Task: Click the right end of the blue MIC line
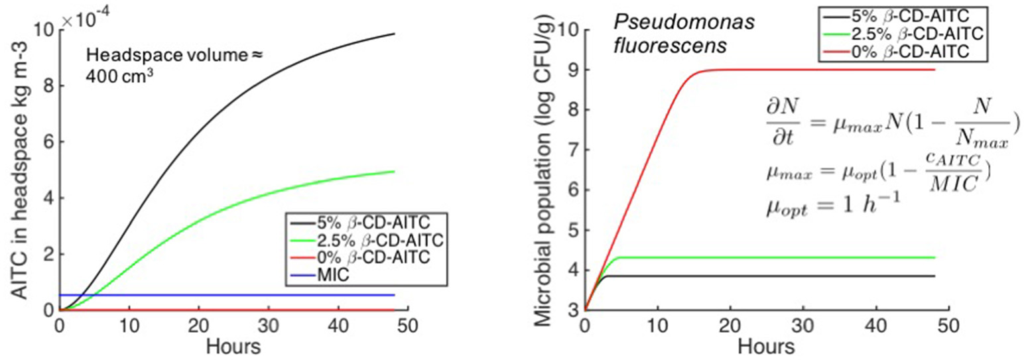[x=394, y=294]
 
